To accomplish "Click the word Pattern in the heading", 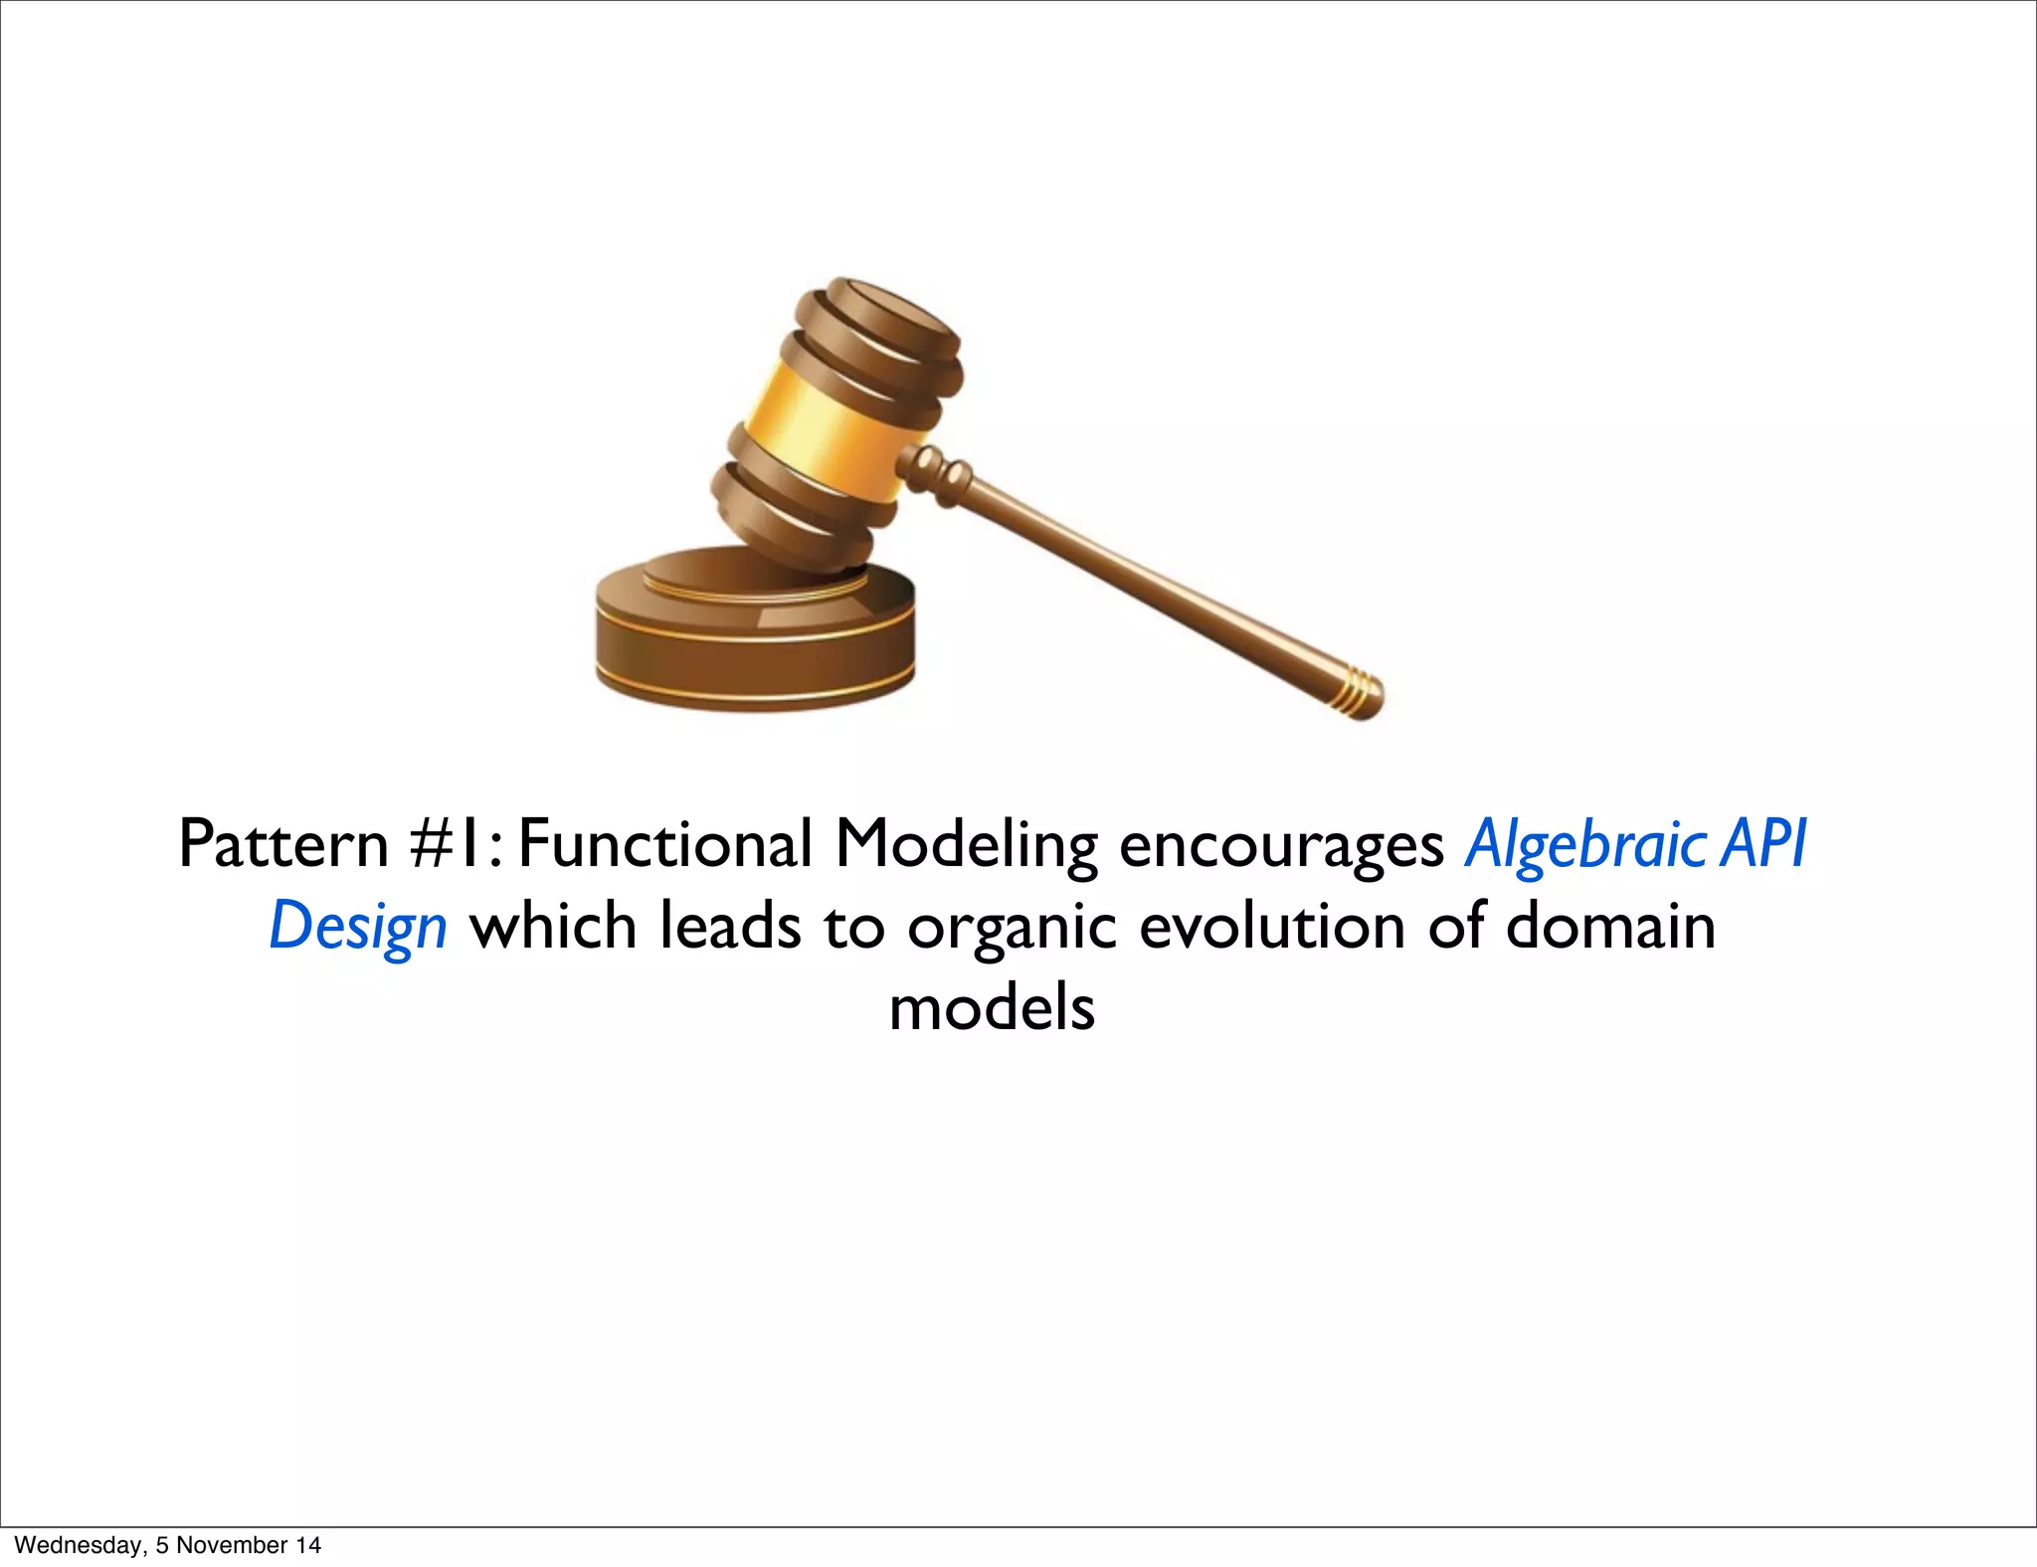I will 282,844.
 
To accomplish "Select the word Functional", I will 664,844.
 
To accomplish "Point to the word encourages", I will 1281,846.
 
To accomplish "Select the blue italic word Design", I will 358,928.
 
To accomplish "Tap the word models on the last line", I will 992,1008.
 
